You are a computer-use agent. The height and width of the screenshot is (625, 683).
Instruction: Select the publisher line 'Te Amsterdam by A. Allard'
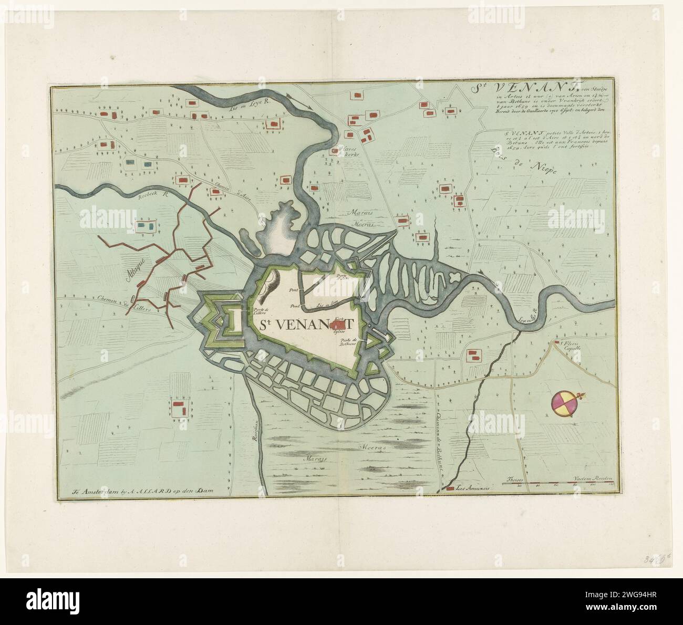point(150,492)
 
